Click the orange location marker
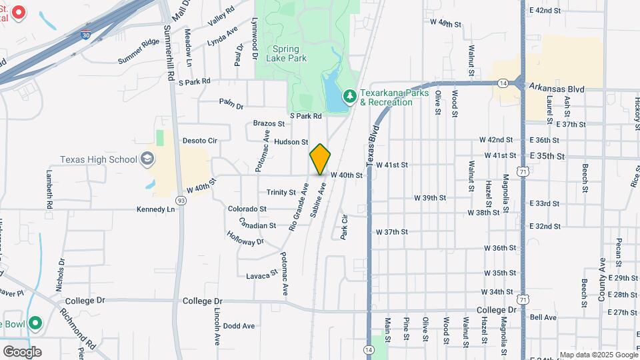coord(320,159)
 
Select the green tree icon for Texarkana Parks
coord(349,97)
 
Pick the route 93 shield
coord(181,200)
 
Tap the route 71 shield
coord(526,172)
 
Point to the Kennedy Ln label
coord(155,209)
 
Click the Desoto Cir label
coord(199,141)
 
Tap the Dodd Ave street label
coord(239,326)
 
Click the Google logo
coord(22,351)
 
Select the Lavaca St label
coord(261,275)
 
